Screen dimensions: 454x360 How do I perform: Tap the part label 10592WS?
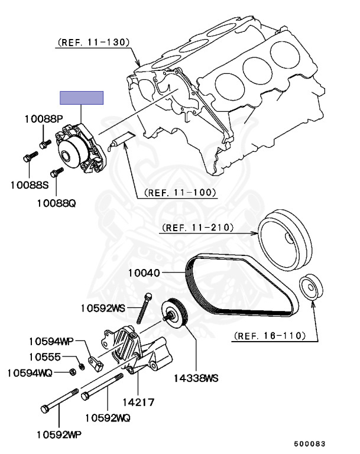point(103,307)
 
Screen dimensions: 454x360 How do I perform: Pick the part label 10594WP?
point(52,341)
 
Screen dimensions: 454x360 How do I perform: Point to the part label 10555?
point(44,357)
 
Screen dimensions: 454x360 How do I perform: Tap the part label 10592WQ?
point(108,418)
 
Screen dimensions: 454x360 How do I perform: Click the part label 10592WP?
point(57,435)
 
